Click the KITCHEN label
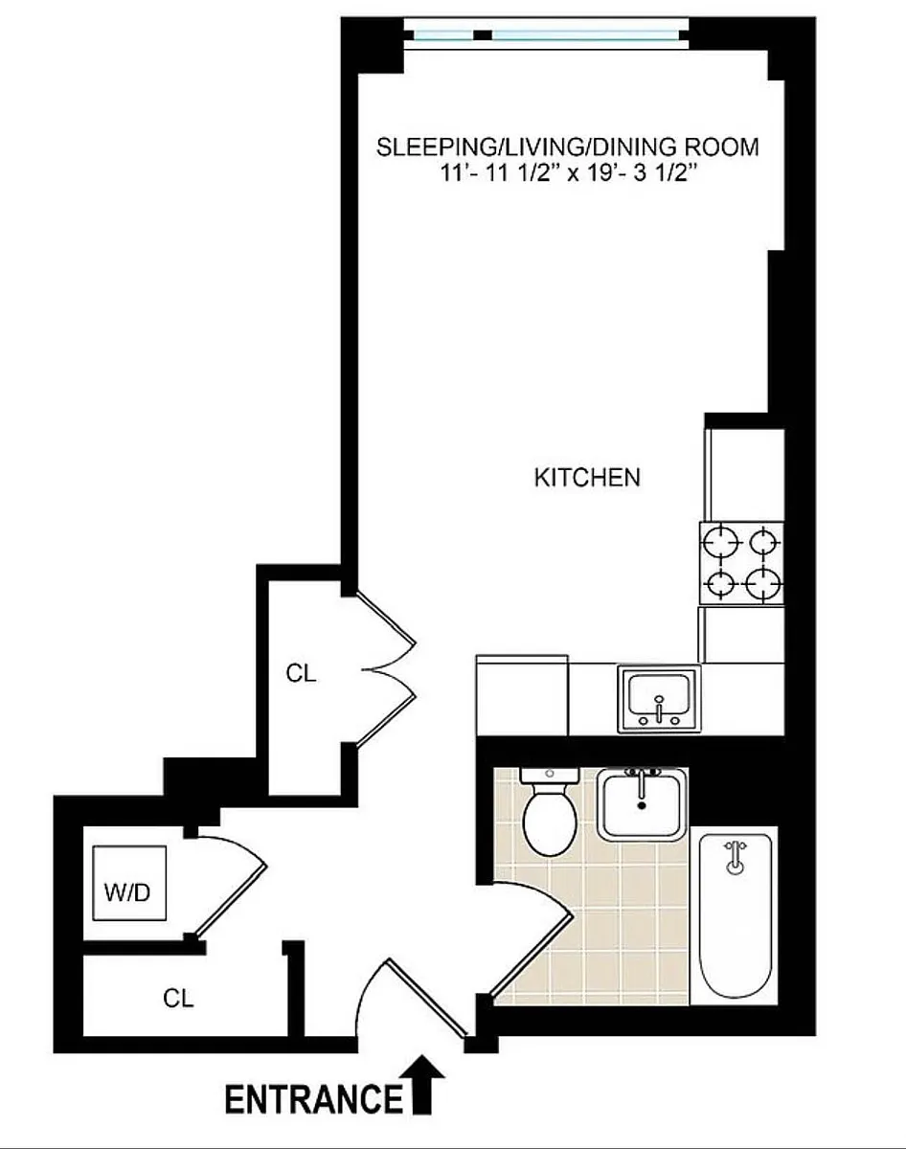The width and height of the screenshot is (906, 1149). (587, 477)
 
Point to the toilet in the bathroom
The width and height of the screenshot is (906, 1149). (551, 811)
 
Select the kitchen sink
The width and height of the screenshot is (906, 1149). (659, 698)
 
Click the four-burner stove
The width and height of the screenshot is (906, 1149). (742, 563)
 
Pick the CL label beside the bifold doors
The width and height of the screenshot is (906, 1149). (301, 673)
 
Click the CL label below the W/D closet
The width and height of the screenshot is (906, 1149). (178, 998)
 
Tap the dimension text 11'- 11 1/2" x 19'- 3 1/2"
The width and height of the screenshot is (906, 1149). (569, 173)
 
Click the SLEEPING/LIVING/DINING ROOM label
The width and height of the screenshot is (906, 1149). (567, 146)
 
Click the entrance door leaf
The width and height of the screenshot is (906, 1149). (425, 999)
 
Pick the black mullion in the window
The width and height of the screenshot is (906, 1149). (483, 35)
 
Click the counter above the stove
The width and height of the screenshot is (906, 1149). (745, 474)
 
